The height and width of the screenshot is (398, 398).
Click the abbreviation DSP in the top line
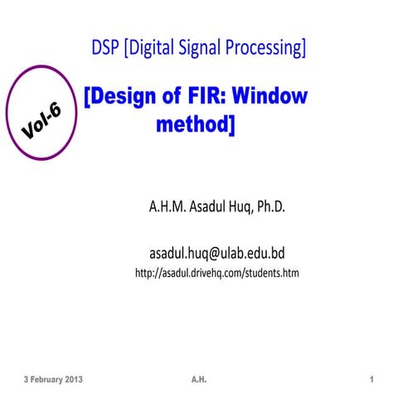(106, 48)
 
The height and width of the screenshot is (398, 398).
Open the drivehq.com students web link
(216, 272)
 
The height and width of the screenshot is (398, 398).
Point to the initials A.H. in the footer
(198, 379)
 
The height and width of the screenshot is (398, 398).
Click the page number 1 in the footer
(373, 379)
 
